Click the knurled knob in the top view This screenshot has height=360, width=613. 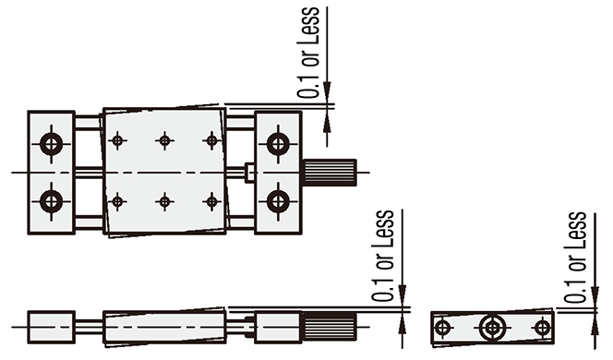pyautogui.click(x=329, y=173)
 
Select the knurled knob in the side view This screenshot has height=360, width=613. pyautogui.click(x=329, y=327)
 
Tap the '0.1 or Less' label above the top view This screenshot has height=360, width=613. pyautogui.click(x=308, y=53)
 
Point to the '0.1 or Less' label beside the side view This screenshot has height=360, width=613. pyautogui.click(x=383, y=256)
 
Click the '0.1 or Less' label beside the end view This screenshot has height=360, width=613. pyautogui.click(x=575, y=258)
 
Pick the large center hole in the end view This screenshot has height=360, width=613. pyautogui.click(x=492, y=328)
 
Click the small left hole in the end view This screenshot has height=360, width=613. pyautogui.click(x=442, y=327)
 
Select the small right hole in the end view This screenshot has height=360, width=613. pyautogui.click(x=542, y=327)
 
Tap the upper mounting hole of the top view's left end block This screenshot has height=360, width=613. pyautogui.click(x=51, y=144)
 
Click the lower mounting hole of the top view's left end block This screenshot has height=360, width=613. pyautogui.click(x=51, y=202)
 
